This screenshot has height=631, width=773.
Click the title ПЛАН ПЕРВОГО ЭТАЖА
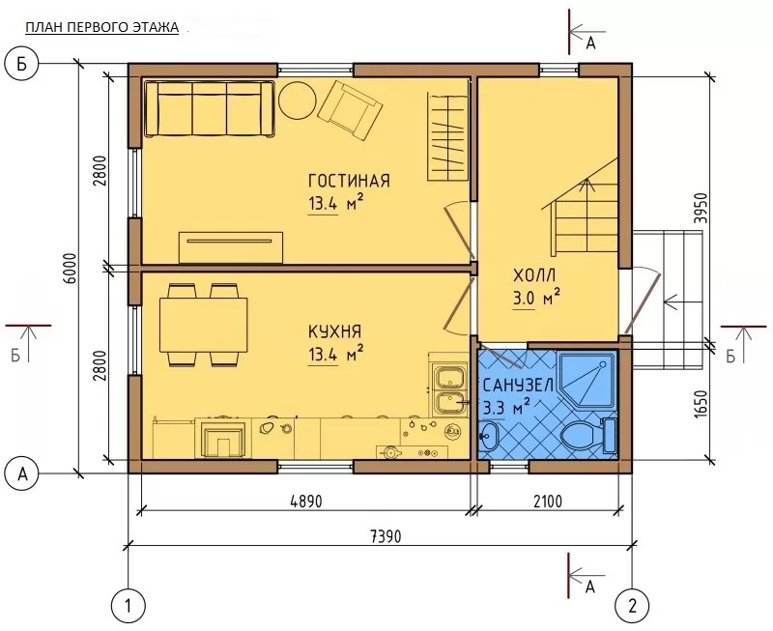click(102, 28)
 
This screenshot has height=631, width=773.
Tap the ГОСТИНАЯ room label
click(349, 181)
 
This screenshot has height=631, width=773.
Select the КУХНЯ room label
click(334, 331)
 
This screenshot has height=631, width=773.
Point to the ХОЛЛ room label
click(534, 275)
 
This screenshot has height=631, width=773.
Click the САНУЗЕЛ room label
click(519, 385)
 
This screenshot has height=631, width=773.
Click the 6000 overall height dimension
click(71, 269)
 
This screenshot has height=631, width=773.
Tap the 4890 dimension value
click(305, 502)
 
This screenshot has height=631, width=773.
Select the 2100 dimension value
click(548, 502)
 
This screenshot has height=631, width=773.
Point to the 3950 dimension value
click(701, 208)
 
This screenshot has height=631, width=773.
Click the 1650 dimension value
click(701, 405)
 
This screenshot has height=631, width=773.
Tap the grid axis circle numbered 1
click(129, 605)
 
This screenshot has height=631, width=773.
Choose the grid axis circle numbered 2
click(633, 605)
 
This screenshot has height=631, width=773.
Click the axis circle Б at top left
click(21, 65)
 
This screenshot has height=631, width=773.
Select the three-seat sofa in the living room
click(210, 108)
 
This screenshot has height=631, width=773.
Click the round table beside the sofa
click(298, 100)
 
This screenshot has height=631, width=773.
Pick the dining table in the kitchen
click(203, 325)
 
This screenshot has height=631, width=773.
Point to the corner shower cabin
click(587, 379)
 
